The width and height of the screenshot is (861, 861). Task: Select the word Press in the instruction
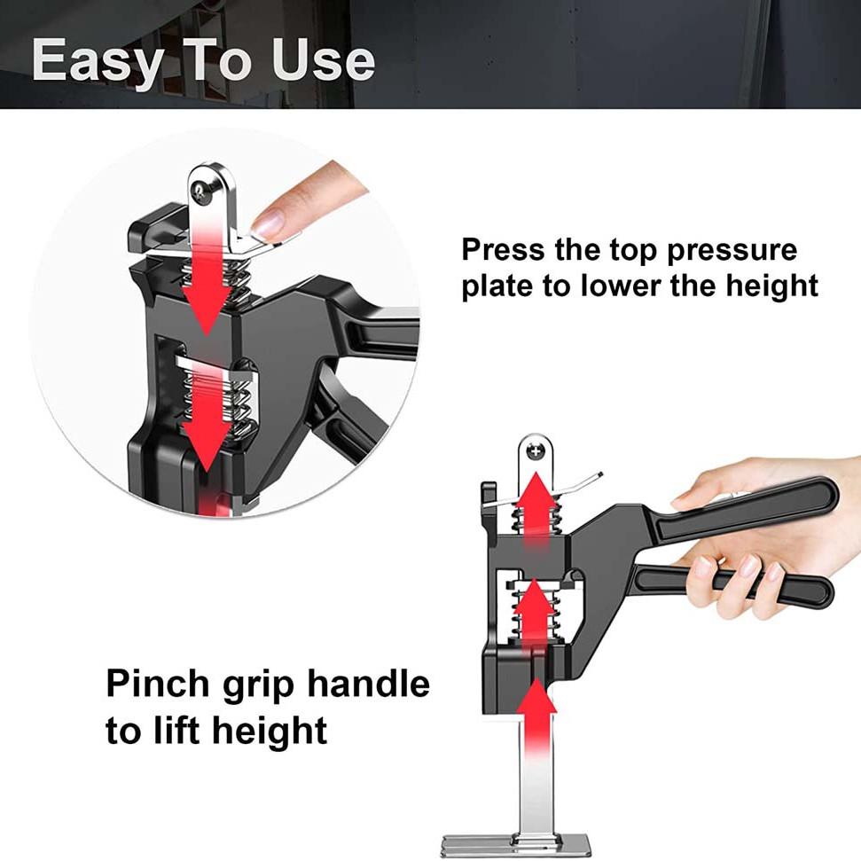point(504,250)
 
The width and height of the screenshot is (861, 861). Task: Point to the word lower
point(628,286)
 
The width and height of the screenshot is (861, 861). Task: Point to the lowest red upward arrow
point(536,718)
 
